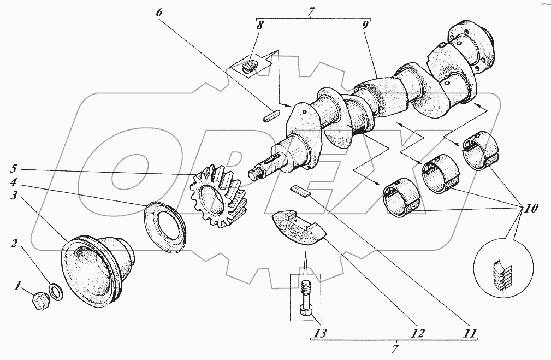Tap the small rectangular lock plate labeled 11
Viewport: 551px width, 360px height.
pyautogui.click(x=300, y=189)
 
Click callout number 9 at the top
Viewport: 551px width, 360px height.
pyautogui.click(x=365, y=25)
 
